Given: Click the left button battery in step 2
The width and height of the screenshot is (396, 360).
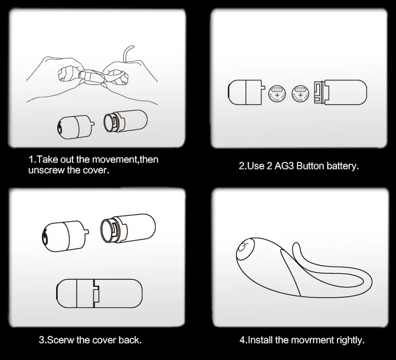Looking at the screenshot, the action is coord(277,94).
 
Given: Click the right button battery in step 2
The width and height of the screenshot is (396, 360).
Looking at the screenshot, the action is coord(300,94).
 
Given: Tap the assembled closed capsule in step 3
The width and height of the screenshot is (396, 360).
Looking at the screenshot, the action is coord(99,293).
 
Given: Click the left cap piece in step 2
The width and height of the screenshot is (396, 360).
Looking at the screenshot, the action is coord(246,92).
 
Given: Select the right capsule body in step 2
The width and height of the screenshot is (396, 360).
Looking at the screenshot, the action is coord(341,92).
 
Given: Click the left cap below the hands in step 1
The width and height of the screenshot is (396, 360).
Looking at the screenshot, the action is coord(76,127).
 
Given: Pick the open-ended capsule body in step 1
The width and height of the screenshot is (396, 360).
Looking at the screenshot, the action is coord(126,121).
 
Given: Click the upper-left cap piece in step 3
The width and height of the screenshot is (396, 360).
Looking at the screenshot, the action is coord(65,236).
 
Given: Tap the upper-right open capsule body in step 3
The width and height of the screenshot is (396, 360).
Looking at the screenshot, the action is coord(128,228).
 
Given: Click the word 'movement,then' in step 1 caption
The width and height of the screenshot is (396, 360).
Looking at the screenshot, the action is coord(125,160).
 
